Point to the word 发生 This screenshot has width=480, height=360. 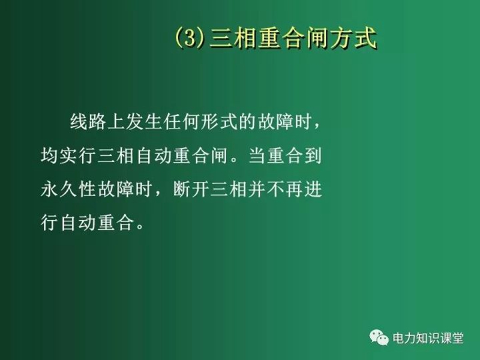pyautogui.click(x=144, y=122)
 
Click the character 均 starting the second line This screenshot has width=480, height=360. pyautogui.click(x=50, y=155)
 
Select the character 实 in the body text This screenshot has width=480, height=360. pyautogui.click(x=68, y=155)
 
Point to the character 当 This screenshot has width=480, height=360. pyautogui.click(x=257, y=155)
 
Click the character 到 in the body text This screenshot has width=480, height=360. pyautogui.click(x=313, y=155)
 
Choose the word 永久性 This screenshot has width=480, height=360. pyautogui.click(x=68, y=189)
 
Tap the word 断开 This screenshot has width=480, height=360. pyautogui.click(x=191, y=189)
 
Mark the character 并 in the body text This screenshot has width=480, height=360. pyautogui.click(x=257, y=189)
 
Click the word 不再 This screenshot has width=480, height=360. pyautogui.click(x=284, y=189)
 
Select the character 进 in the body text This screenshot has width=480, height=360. pyautogui.click(x=313, y=189)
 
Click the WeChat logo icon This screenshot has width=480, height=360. pyautogui.click(x=379, y=337)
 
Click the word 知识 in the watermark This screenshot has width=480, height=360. pyautogui.click(x=428, y=338)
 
